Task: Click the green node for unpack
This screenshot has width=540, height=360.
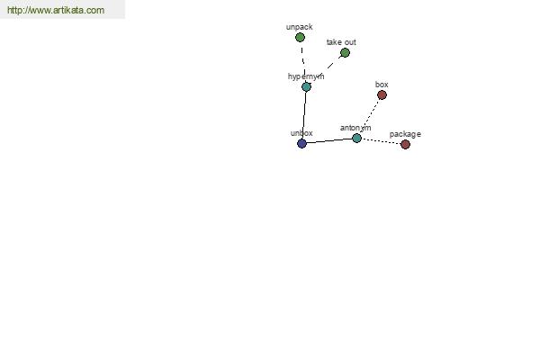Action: coord(300,37)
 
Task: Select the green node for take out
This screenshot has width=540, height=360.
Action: coord(345,53)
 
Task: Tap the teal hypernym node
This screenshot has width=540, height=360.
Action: coord(306,86)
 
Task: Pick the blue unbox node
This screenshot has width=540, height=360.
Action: coord(301,143)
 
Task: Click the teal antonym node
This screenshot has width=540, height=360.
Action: coord(356,138)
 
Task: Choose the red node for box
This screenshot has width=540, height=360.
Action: coord(382,94)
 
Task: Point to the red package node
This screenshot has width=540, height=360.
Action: coord(405,144)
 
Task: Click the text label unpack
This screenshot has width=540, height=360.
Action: coord(300,27)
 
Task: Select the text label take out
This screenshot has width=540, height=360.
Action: coord(341,42)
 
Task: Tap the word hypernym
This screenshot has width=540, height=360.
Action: coord(306,76)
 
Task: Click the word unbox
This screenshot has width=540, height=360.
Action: coord(301,133)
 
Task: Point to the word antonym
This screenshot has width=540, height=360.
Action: coord(355,128)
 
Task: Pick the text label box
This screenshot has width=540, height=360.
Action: coord(382,85)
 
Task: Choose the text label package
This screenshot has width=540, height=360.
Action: coord(405,134)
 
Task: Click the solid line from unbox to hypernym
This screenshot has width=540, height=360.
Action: coord(304,115)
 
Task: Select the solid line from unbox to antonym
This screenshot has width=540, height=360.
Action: coord(329,140)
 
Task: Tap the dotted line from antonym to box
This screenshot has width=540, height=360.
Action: coord(369,116)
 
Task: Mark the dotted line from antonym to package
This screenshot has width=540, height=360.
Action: coord(381,141)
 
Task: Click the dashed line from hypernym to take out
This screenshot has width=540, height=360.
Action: coord(326,69)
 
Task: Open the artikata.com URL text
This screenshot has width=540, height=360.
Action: coord(56,10)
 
